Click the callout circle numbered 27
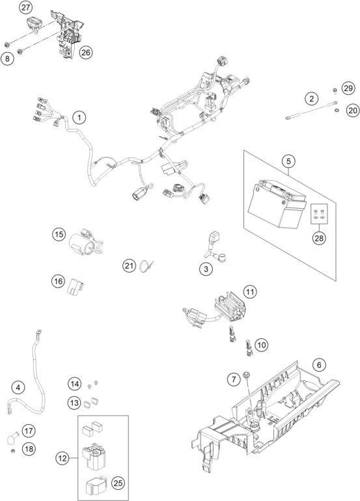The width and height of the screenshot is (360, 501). click(25, 7)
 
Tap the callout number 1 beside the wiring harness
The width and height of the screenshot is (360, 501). click(79, 117)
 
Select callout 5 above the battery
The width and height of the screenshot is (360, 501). click(288, 161)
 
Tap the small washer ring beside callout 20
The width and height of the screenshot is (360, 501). click(337, 111)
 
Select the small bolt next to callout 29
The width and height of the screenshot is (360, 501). click(335, 90)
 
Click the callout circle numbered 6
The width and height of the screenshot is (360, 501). click(319, 364)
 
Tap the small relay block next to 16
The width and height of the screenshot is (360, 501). click(76, 286)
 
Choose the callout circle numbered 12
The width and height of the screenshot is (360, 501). click(62, 459)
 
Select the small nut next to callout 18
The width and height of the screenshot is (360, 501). click(13, 451)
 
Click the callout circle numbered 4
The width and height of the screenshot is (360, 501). click(18, 387)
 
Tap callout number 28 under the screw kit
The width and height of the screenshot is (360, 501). click(319, 238)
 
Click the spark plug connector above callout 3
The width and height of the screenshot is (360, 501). click(214, 237)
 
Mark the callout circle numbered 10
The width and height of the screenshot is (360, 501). click(261, 345)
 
